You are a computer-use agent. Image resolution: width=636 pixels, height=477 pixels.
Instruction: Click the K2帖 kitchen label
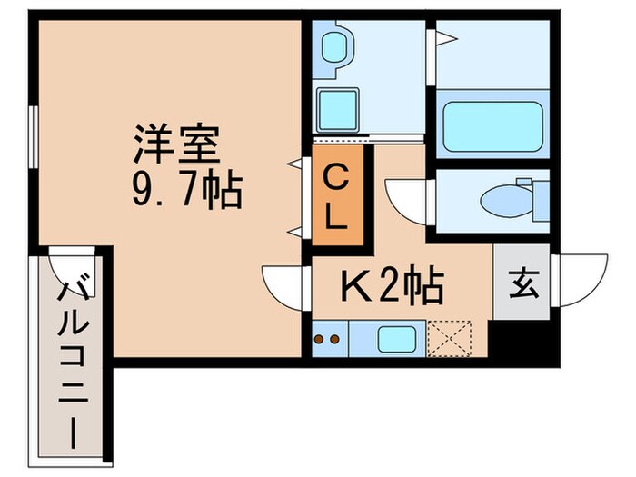(392, 288)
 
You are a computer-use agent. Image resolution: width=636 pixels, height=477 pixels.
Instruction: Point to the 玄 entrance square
(522, 283)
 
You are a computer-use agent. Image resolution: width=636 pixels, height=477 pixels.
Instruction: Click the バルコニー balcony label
(72, 363)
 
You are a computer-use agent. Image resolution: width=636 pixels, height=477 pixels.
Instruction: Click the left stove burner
(319, 341)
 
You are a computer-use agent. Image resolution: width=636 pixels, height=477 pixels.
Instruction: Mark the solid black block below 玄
(520, 340)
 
